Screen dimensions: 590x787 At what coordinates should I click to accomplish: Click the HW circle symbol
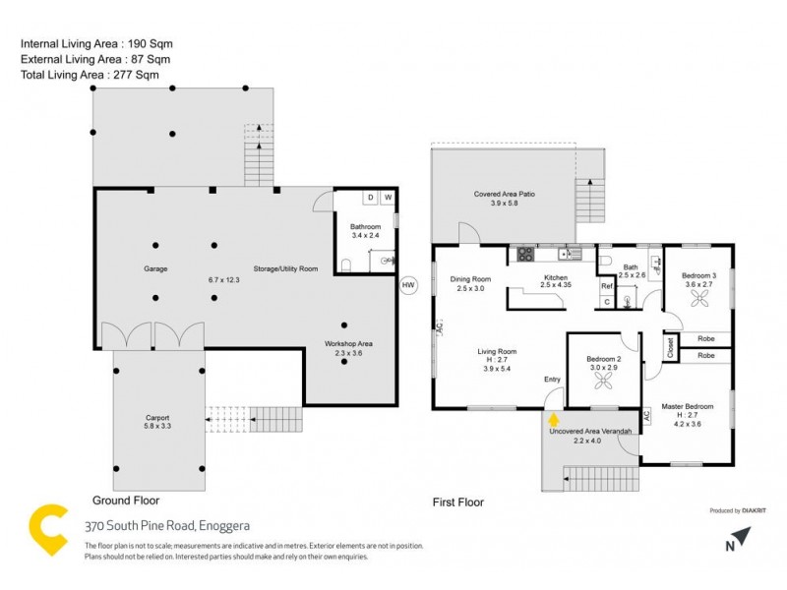pos(408,285)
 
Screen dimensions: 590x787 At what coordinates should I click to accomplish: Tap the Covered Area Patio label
pos(503,195)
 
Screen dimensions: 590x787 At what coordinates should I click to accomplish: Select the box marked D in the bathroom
pos(370,198)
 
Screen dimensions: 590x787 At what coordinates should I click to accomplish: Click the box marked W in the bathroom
pos(388,198)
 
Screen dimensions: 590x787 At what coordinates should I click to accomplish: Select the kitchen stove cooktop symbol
pos(524,254)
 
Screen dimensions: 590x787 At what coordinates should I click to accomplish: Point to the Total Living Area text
pos(89,74)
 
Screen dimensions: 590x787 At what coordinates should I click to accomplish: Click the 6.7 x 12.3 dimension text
pos(223,280)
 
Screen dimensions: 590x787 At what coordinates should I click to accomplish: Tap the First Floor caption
pos(458,502)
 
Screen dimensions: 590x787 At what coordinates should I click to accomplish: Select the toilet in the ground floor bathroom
pos(345,264)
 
